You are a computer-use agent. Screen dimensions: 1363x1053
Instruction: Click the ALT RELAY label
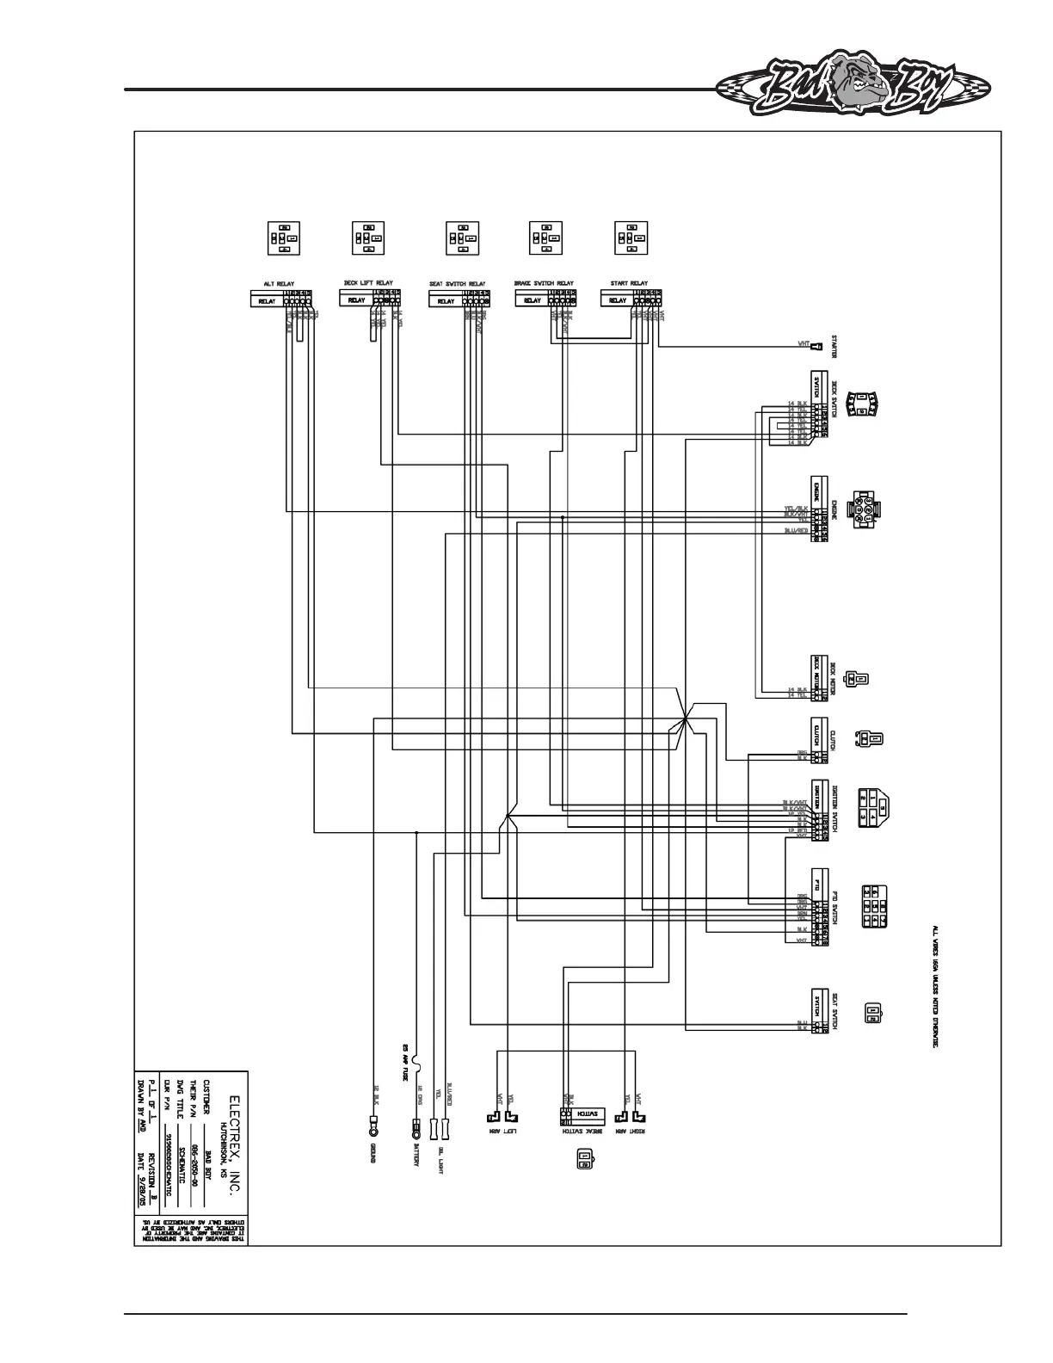click(280, 283)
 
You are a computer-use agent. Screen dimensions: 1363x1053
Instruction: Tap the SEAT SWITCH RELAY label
click(457, 283)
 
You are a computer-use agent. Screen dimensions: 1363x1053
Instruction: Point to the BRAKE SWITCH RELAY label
click(544, 283)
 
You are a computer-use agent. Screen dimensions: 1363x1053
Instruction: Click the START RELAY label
click(629, 283)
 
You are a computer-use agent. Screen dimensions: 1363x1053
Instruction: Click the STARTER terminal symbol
click(818, 347)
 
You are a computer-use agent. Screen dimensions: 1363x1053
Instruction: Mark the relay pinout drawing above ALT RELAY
click(283, 237)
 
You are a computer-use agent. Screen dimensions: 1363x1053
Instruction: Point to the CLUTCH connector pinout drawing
click(869, 738)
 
